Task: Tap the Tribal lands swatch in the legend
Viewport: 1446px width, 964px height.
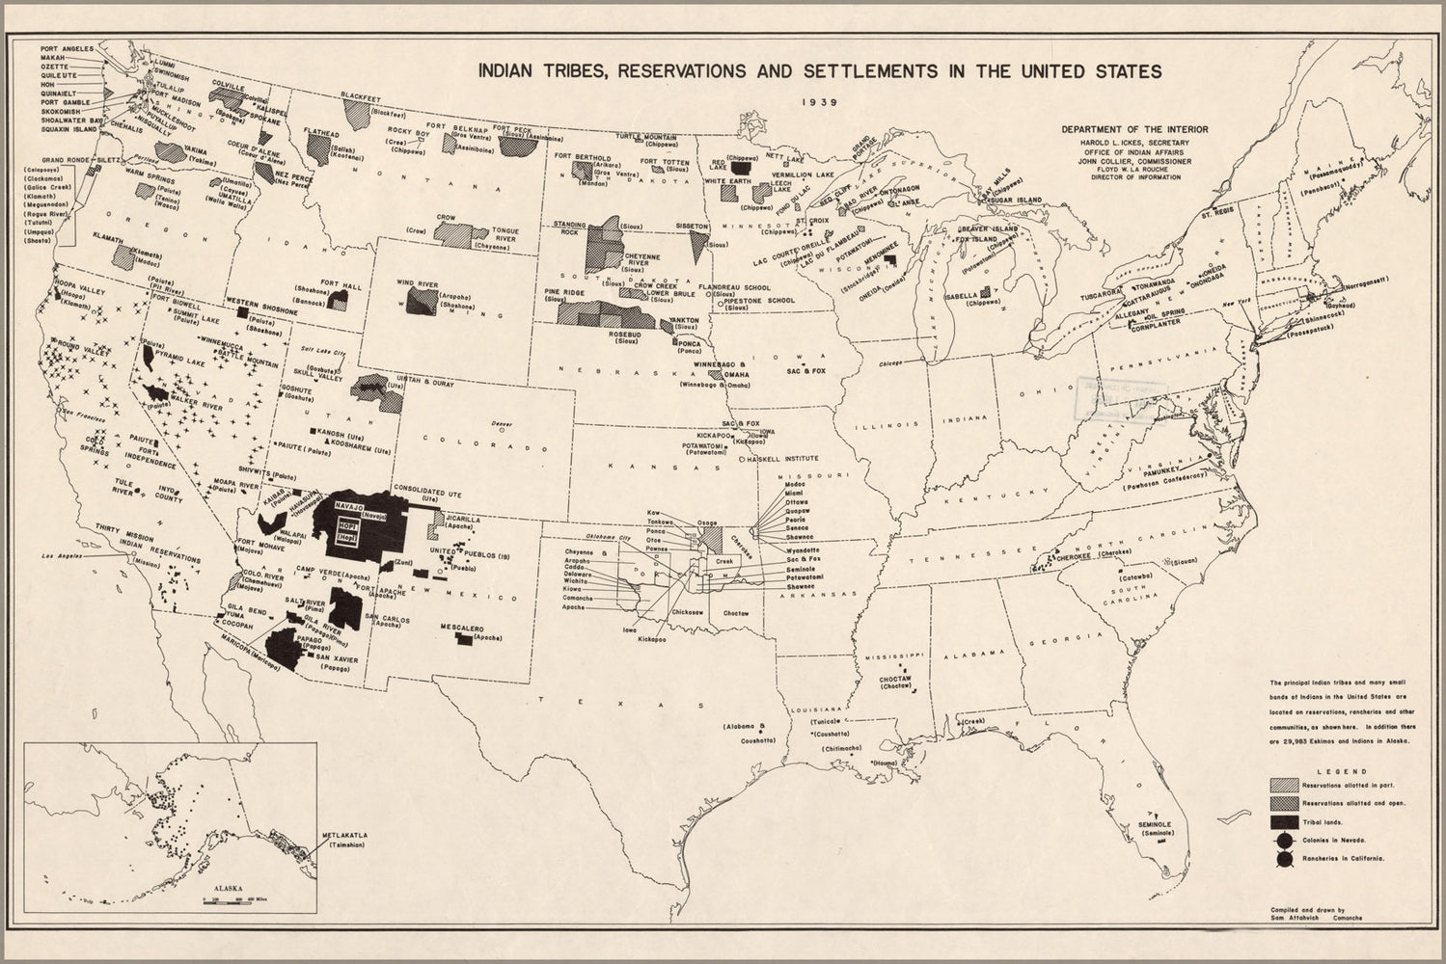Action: [1284, 821]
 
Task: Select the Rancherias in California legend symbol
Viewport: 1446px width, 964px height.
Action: [1284, 858]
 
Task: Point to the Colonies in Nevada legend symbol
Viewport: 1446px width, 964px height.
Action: [1284, 840]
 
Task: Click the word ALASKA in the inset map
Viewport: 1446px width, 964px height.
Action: [229, 890]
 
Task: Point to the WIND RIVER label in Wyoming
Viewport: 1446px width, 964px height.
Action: [417, 284]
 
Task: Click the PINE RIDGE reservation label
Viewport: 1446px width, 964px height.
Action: [564, 291]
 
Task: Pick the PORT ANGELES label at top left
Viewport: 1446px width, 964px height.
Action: [67, 47]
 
